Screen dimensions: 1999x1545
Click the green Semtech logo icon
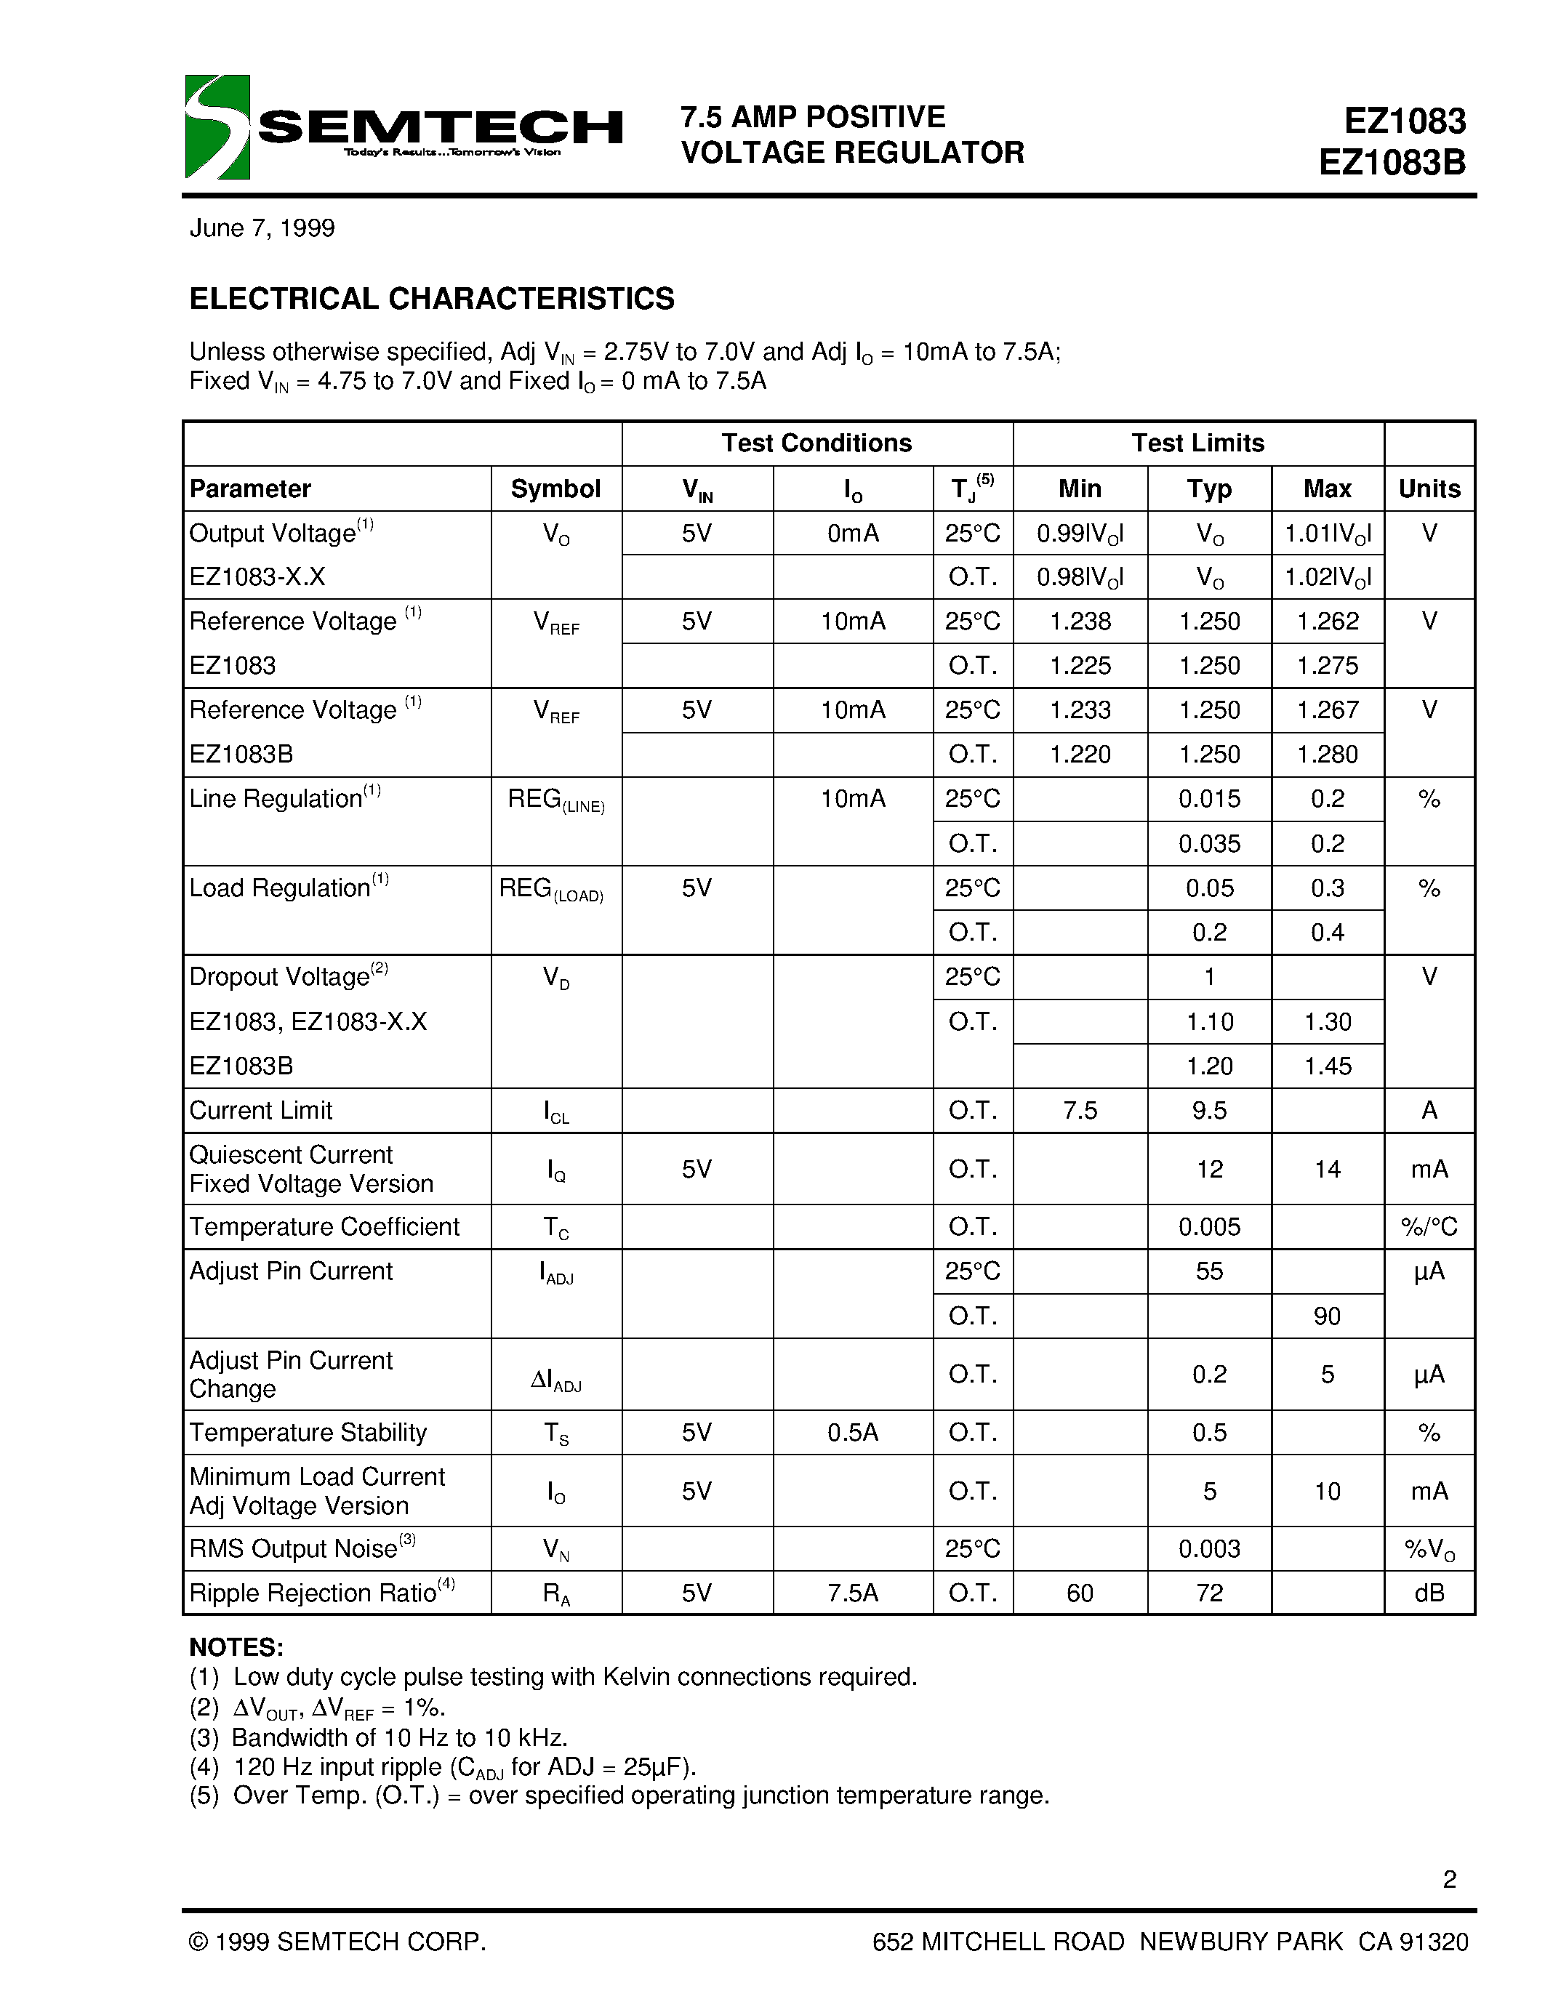click(x=217, y=126)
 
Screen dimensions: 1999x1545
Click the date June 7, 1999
click(x=262, y=228)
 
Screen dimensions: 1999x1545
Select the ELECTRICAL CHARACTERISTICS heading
click(x=431, y=299)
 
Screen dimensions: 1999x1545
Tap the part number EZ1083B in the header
click(x=1392, y=163)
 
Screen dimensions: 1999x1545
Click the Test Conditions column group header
click(x=816, y=443)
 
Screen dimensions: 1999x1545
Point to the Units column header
click(x=1429, y=488)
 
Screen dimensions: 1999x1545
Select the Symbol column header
click(x=555, y=488)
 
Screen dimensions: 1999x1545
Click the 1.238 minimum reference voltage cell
click(x=1080, y=622)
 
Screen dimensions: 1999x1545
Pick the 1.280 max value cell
click(x=1327, y=755)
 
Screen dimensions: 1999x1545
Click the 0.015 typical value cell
click(x=1209, y=799)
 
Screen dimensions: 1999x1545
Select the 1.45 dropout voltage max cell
click(x=1327, y=1066)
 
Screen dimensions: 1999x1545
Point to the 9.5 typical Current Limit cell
click(x=1209, y=1110)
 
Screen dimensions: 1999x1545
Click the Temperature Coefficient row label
click(x=324, y=1226)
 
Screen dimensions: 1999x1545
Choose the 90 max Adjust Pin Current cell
click(x=1327, y=1316)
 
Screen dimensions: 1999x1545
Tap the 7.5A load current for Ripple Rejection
click(x=852, y=1593)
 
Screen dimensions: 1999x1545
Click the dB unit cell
click(x=1429, y=1593)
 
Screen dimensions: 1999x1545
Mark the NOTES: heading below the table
click(x=236, y=1647)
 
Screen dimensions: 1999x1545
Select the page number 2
click(x=1449, y=1879)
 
